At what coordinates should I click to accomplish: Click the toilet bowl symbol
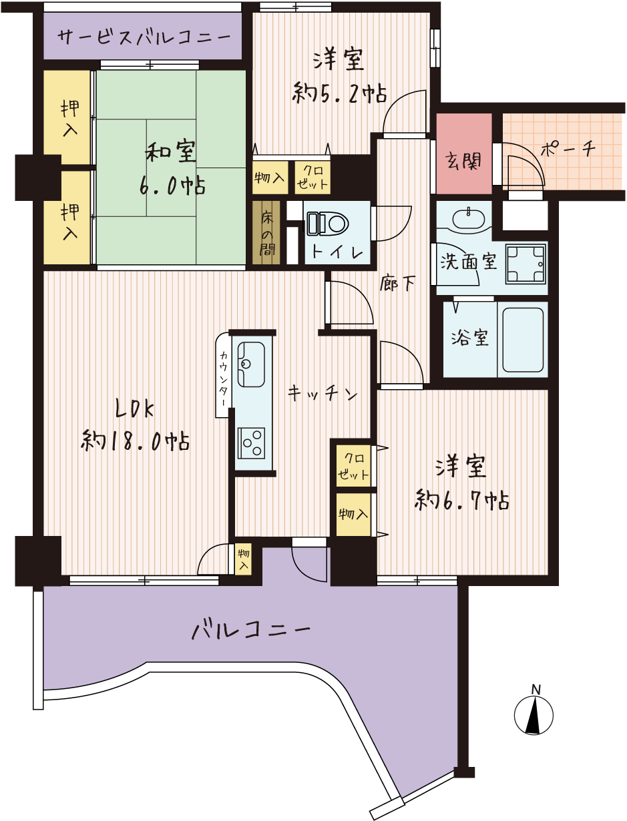(x=328, y=224)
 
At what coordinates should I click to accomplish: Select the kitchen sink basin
(x=251, y=364)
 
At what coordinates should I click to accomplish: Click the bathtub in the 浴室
(x=523, y=340)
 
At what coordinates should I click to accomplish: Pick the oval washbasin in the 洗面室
(x=468, y=218)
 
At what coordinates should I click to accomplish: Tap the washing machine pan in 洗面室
(x=526, y=264)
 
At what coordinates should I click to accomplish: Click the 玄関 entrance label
(x=463, y=162)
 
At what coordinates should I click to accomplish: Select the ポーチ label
(x=568, y=150)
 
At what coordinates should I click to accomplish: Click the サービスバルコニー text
(x=144, y=37)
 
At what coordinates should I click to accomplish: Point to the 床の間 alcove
(x=266, y=233)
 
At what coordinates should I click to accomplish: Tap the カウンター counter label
(x=224, y=378)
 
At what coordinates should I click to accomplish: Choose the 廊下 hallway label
(x=398, y=283)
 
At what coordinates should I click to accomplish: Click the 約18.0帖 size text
(x=135, y=441)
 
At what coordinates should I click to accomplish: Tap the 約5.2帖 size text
(x=339, y=93)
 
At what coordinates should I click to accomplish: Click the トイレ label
(x=337, y=253)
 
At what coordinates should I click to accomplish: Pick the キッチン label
(x=323, y=394)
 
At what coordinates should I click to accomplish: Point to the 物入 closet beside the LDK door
(x=244, y=559)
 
